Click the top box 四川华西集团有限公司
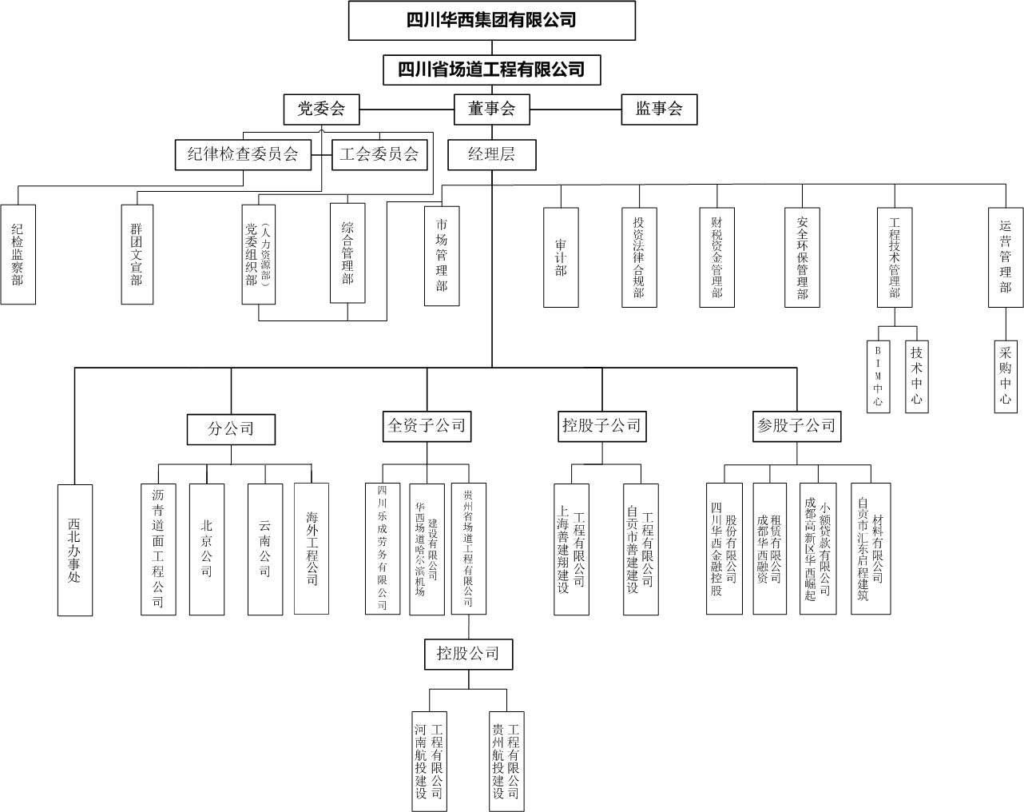point(492,21)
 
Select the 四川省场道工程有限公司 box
point(491,70)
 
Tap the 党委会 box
point(321,109)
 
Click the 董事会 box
point(491,109)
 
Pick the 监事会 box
point(659,109)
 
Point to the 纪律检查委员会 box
point(243,154)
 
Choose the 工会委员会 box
point(379,154)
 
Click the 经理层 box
point(491,155)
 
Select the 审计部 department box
point(561,257)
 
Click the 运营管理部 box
point(1006,257)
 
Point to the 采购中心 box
point(1006,376)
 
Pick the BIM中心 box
point(878,376)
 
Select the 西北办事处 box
point(74,550)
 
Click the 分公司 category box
point(231,429)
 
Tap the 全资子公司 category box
point(427,426)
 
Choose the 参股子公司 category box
point(796,426)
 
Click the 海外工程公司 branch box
point(312,548)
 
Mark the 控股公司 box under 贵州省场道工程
point(468,654)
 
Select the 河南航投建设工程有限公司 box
point(430,761)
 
